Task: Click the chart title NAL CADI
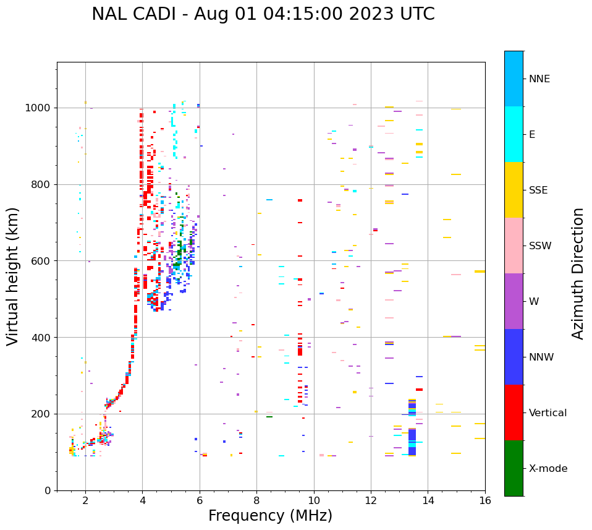pyautogui.click(x=138, y=14)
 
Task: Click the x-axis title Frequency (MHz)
pyautogui.click(x=270, y=516)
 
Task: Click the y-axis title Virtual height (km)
pyautogui.click(x=13, y=276)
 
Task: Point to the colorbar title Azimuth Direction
pyautogui.click(x=578, y=273)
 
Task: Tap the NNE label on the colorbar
pyautogui.click(x=539, y=79)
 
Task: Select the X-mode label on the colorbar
pyautogui.click(x=548, y=469)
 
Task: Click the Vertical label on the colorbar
pyautogui.click(x=548, y=413)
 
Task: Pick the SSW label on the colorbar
pyautogui.click(x=540, y=246)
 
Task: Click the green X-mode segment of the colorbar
pyautogui.click(x=514, y=468)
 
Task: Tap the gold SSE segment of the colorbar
pyautogui.click(x=514, y=190)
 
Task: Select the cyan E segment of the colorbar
pyautogui.click(x=514, y=134)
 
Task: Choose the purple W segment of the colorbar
pyautogui.click(x=514, y=301)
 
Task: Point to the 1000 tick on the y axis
pyautogui.click(x=40, y=108)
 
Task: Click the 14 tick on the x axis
pyautogui.click(x=428, y=500)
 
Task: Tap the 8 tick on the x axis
pyautogui.click(x=256, y=500)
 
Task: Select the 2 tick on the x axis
pyautogui.click(x=85, y=500)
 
